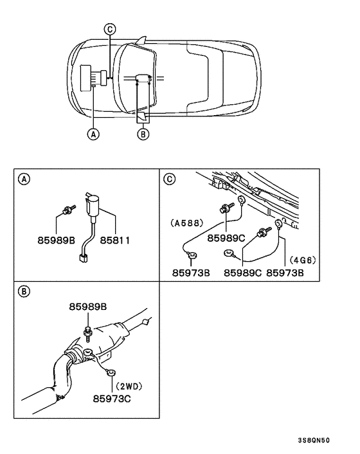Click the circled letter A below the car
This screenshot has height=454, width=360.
(x=94, y=134)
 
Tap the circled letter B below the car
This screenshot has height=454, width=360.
(x=144, y=134)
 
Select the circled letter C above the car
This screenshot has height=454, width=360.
(x=109, y=29)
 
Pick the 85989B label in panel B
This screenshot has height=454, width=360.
(x=89, y=308)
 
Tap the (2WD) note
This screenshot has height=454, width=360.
(x=129, y=386)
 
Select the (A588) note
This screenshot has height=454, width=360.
(x=187, y=224)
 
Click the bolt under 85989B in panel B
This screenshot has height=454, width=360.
(x=87, y=332)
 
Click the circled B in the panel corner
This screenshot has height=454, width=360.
(x=23, y=291)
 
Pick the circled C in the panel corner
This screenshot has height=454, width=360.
(x=170, y=179)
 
